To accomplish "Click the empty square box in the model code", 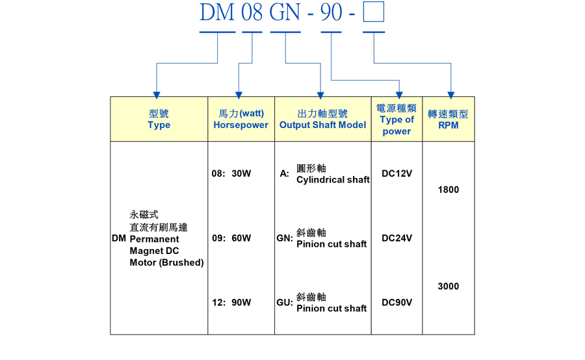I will [374, 12].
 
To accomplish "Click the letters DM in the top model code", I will [217, 12].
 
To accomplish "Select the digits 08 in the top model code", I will [252, 12].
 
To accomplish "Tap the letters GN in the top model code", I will [285, 12].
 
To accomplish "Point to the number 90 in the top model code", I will [331, 12].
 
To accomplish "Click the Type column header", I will [159, 120].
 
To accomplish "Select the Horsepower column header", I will [240, 120].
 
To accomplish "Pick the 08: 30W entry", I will [231, 174].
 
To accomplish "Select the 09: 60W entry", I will [231, 238].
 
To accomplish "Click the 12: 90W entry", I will [231, 303].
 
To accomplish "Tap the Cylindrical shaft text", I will [333, 180].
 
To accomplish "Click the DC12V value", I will [396, 174].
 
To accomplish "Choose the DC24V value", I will [396, 238].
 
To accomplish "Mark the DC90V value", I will [396, 303].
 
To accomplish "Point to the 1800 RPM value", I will [448, 190].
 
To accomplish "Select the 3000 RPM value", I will [448, 287].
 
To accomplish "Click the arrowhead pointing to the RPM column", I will [450, 95].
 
